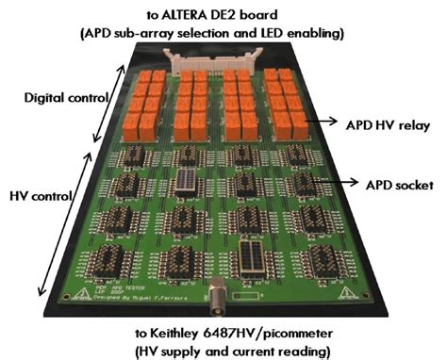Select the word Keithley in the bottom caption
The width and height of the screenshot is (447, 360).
178,333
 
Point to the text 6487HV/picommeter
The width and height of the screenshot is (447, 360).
271,333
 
